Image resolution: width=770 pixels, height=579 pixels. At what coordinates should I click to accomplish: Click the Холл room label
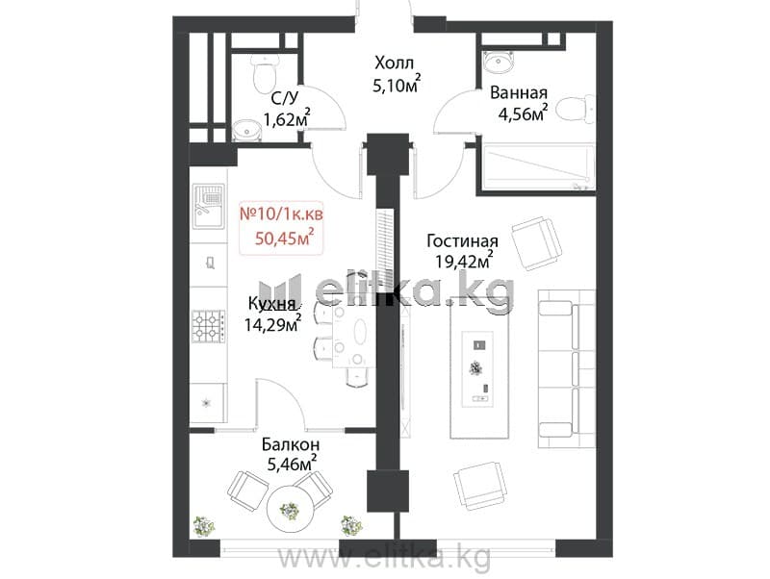pyautogui.click(x=395, y=63)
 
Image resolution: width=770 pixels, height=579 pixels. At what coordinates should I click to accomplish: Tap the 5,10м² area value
pyautogui.click(x=397, y=85)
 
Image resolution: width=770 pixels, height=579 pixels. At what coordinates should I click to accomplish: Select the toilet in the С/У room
pyautogui.click(x=266, y=74)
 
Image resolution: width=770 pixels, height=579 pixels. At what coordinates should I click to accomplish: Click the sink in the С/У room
pyautogui.click(x=245, y=131)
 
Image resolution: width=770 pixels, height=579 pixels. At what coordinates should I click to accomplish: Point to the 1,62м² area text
pyautogui.click(x=287, y=117)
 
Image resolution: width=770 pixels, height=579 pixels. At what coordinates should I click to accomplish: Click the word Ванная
pyautogui.click(x=519, y=92)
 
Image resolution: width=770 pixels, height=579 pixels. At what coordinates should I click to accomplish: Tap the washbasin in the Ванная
pyautogui.click(x=500, y=61)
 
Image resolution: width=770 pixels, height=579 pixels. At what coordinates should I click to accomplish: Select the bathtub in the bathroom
pyautogui.click(x=539, y=166)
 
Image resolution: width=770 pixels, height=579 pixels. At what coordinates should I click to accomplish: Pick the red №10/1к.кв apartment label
pyautogui.click(x=281, y=214)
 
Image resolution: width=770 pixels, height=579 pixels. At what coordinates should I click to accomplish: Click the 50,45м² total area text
pyautogui.click(x=284, y=238)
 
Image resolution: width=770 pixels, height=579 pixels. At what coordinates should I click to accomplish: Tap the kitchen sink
pyautogui.click(x=209, y=206)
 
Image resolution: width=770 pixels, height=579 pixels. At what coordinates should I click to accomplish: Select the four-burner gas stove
pyautogui.click(x=209, y=326)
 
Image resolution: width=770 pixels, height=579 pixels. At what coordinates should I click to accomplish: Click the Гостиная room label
pyautogui.click(x=463, y=240)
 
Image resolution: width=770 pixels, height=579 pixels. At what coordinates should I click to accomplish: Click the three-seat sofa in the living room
pyautogui.click(x=567, y=368)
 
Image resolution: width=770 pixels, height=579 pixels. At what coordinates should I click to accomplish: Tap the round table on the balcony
pyautogui.click(x=290, y=510)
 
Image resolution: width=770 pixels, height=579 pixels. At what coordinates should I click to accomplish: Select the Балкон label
pyautogui.click(x=291, y=444)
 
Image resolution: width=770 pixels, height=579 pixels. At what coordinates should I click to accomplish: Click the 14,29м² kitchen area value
pyautogui.click(x=273, y=324)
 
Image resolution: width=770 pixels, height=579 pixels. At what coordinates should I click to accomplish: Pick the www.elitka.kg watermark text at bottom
pyautogui.click(x=384, y=557)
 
